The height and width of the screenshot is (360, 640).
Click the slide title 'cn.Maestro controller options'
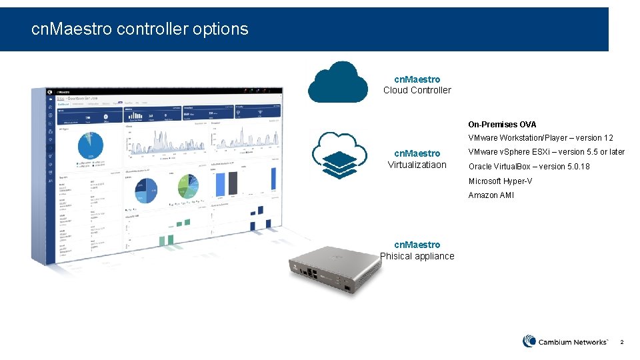140,29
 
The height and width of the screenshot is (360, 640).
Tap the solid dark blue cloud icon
337,82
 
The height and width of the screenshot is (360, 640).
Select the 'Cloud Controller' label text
417,90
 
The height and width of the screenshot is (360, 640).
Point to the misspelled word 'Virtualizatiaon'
417,165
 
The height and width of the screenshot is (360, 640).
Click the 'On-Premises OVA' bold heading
502,125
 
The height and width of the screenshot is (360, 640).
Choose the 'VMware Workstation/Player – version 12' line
541,138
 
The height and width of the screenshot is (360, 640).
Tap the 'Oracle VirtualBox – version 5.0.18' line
529,167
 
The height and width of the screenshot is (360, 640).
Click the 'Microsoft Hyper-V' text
500,181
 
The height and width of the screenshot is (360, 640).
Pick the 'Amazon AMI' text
491,195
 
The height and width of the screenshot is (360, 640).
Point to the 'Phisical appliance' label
417,256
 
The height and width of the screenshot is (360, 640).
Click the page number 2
622,342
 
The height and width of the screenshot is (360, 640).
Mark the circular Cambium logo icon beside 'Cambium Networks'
529,341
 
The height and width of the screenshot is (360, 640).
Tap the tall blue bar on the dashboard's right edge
273,178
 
